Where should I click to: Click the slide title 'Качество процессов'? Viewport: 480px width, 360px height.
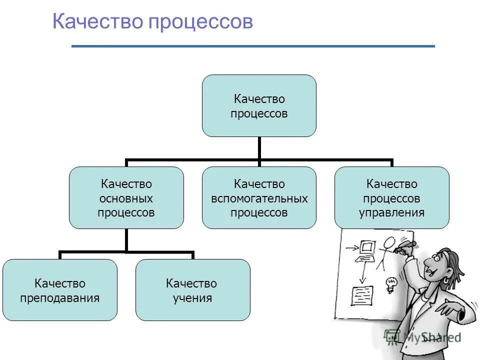pyautogui.click(x=152, y=22)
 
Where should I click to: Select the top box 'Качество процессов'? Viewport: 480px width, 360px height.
pyautogui.click(x=259, y=106)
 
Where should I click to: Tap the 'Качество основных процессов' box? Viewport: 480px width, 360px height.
pyautogui.click(x=126, y=198)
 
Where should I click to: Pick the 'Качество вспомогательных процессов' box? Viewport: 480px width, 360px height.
pyautogui.click(x=259, y=198)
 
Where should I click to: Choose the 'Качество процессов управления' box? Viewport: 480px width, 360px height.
pyautogui.click(x=391, y=198)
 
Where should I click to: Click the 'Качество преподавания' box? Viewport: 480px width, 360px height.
pyautogui.click(x=60, y=290)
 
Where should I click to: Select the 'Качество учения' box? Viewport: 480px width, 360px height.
pyautogui.click(x=192, y=290)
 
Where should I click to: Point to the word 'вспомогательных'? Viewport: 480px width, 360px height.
pyautogui.click(x=259, y=198)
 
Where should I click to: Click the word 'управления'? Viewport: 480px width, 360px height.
pyautogui.click(x=391, y=212)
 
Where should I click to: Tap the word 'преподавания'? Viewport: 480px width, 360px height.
pyautogui.click(x=60, y=298)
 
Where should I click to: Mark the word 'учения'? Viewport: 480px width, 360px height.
pyautogui.click(x=192, y=298)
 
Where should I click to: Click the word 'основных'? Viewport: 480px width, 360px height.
pyautogui.click(x=126, y=198)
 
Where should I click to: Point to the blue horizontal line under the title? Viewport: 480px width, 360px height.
pyautogui.click(x=253, y=46)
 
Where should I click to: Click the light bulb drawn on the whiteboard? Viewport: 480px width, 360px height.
pyautogui.click(x=390, y=283)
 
